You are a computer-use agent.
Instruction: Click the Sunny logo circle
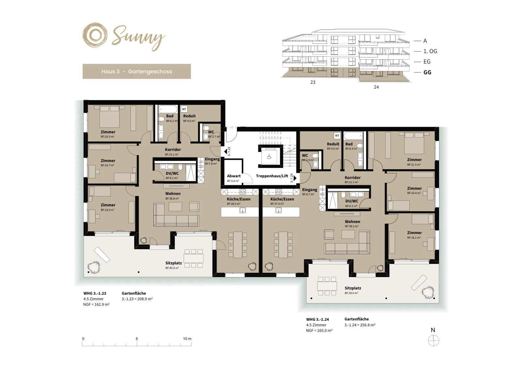95,36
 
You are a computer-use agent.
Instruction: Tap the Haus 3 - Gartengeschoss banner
137,71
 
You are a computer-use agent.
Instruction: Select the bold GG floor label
427,72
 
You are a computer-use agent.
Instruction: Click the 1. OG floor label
430,51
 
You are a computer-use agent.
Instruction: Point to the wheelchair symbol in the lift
269,157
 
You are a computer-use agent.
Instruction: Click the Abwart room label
234,176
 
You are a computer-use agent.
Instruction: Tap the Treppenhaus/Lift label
272,176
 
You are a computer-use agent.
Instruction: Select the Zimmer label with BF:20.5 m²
108,132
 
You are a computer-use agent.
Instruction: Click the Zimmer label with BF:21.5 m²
414,160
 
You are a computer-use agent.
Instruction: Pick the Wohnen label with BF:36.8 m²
173,194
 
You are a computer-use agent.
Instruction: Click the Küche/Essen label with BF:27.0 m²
282,199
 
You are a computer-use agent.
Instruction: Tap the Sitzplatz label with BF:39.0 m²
353,288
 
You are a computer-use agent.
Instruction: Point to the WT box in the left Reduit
184,109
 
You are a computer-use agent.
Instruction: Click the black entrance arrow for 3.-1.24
295,178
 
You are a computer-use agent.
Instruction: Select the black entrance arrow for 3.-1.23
225,152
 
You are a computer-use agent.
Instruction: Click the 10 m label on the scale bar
187,339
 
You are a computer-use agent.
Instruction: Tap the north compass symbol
434,341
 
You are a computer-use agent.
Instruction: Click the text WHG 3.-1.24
317,319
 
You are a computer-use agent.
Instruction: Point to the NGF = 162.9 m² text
96,304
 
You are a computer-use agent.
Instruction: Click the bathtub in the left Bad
168,109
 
